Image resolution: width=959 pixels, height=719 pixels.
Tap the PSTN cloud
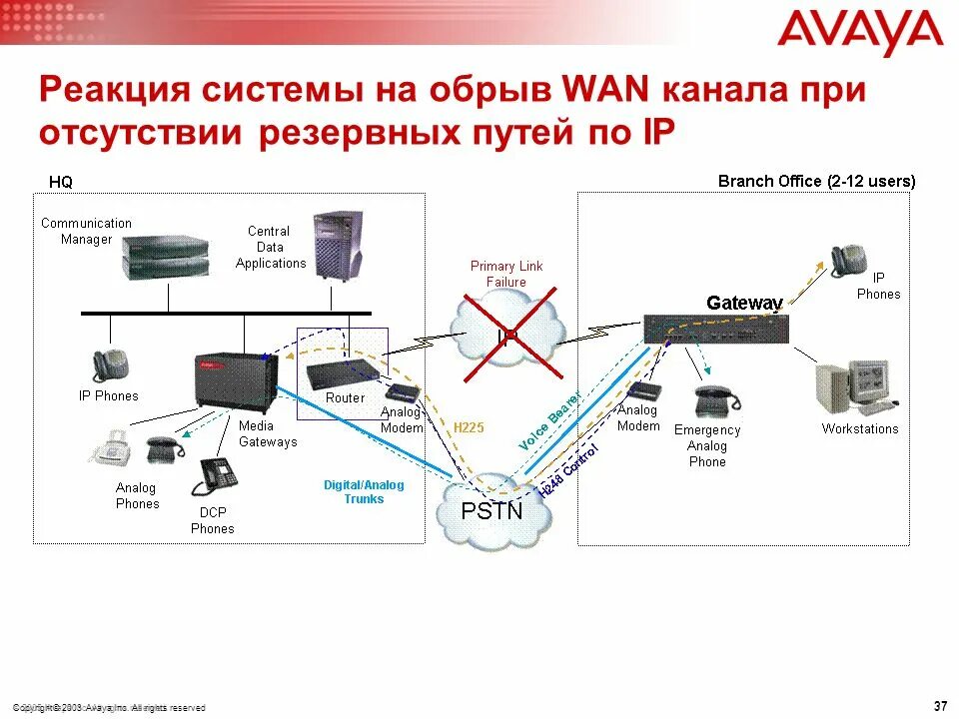point(491,510)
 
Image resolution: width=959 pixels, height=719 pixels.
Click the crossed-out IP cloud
point(506,336)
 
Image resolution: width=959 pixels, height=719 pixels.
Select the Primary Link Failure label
point(506,274)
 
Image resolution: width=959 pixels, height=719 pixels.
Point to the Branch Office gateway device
point(712,330)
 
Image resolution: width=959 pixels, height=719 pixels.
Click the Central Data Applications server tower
point(336,244)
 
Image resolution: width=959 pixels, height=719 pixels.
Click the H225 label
point(469,427)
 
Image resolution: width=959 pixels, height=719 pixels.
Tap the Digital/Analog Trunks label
point(364,492)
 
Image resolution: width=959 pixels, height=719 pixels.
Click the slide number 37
point(939,706)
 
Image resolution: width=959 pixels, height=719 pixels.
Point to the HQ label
point(61,182)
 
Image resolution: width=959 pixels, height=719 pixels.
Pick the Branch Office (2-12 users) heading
point(816,181)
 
